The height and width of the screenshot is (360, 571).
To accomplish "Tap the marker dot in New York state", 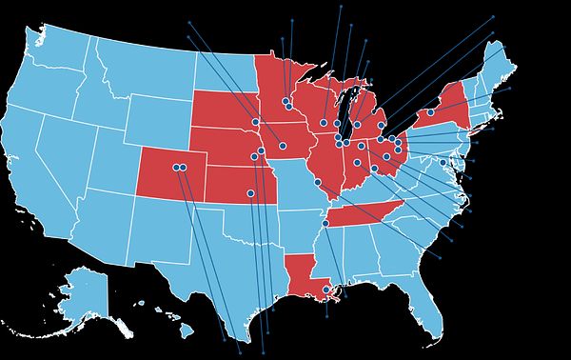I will pyautogui.click(x=430, y=112).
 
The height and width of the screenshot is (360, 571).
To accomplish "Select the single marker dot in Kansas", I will pyautogui.click(x=250, y=192).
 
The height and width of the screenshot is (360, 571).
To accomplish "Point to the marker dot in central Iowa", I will pyautogui.click(x=283, y=146).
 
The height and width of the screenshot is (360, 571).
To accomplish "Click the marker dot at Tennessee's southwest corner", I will pyautogui.click(x=325, y=223).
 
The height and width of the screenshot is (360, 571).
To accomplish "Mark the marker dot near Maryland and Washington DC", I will pyautogui.click(x=443, y=163).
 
